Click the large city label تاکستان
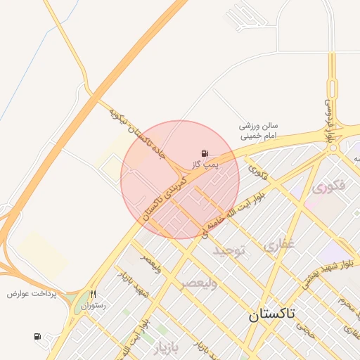click(282, 314)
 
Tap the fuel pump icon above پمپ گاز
click(205, 153)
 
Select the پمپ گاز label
click(204, 164)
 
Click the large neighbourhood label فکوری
click(327, 188)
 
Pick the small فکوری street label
click(258, 171)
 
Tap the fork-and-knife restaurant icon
click(93, 295)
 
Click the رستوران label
click(93, 306)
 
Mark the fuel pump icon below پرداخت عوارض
click(37, 337)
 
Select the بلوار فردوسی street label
click(328, 124)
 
